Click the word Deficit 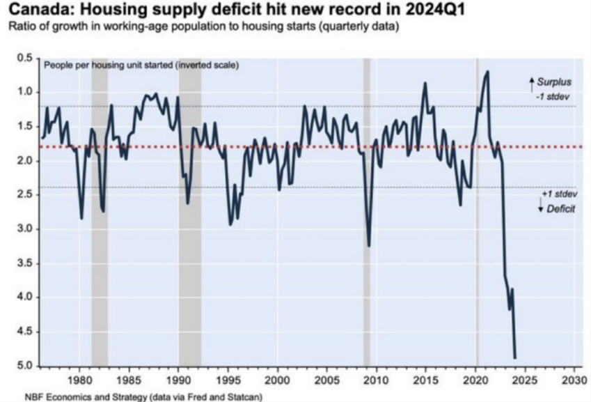[561, 208]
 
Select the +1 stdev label [558, 195]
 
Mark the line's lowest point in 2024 [514, 358]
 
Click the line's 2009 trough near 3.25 [368, 245]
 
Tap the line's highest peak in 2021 [487, 71]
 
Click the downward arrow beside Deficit [540, 207]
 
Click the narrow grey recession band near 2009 [366, 209]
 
